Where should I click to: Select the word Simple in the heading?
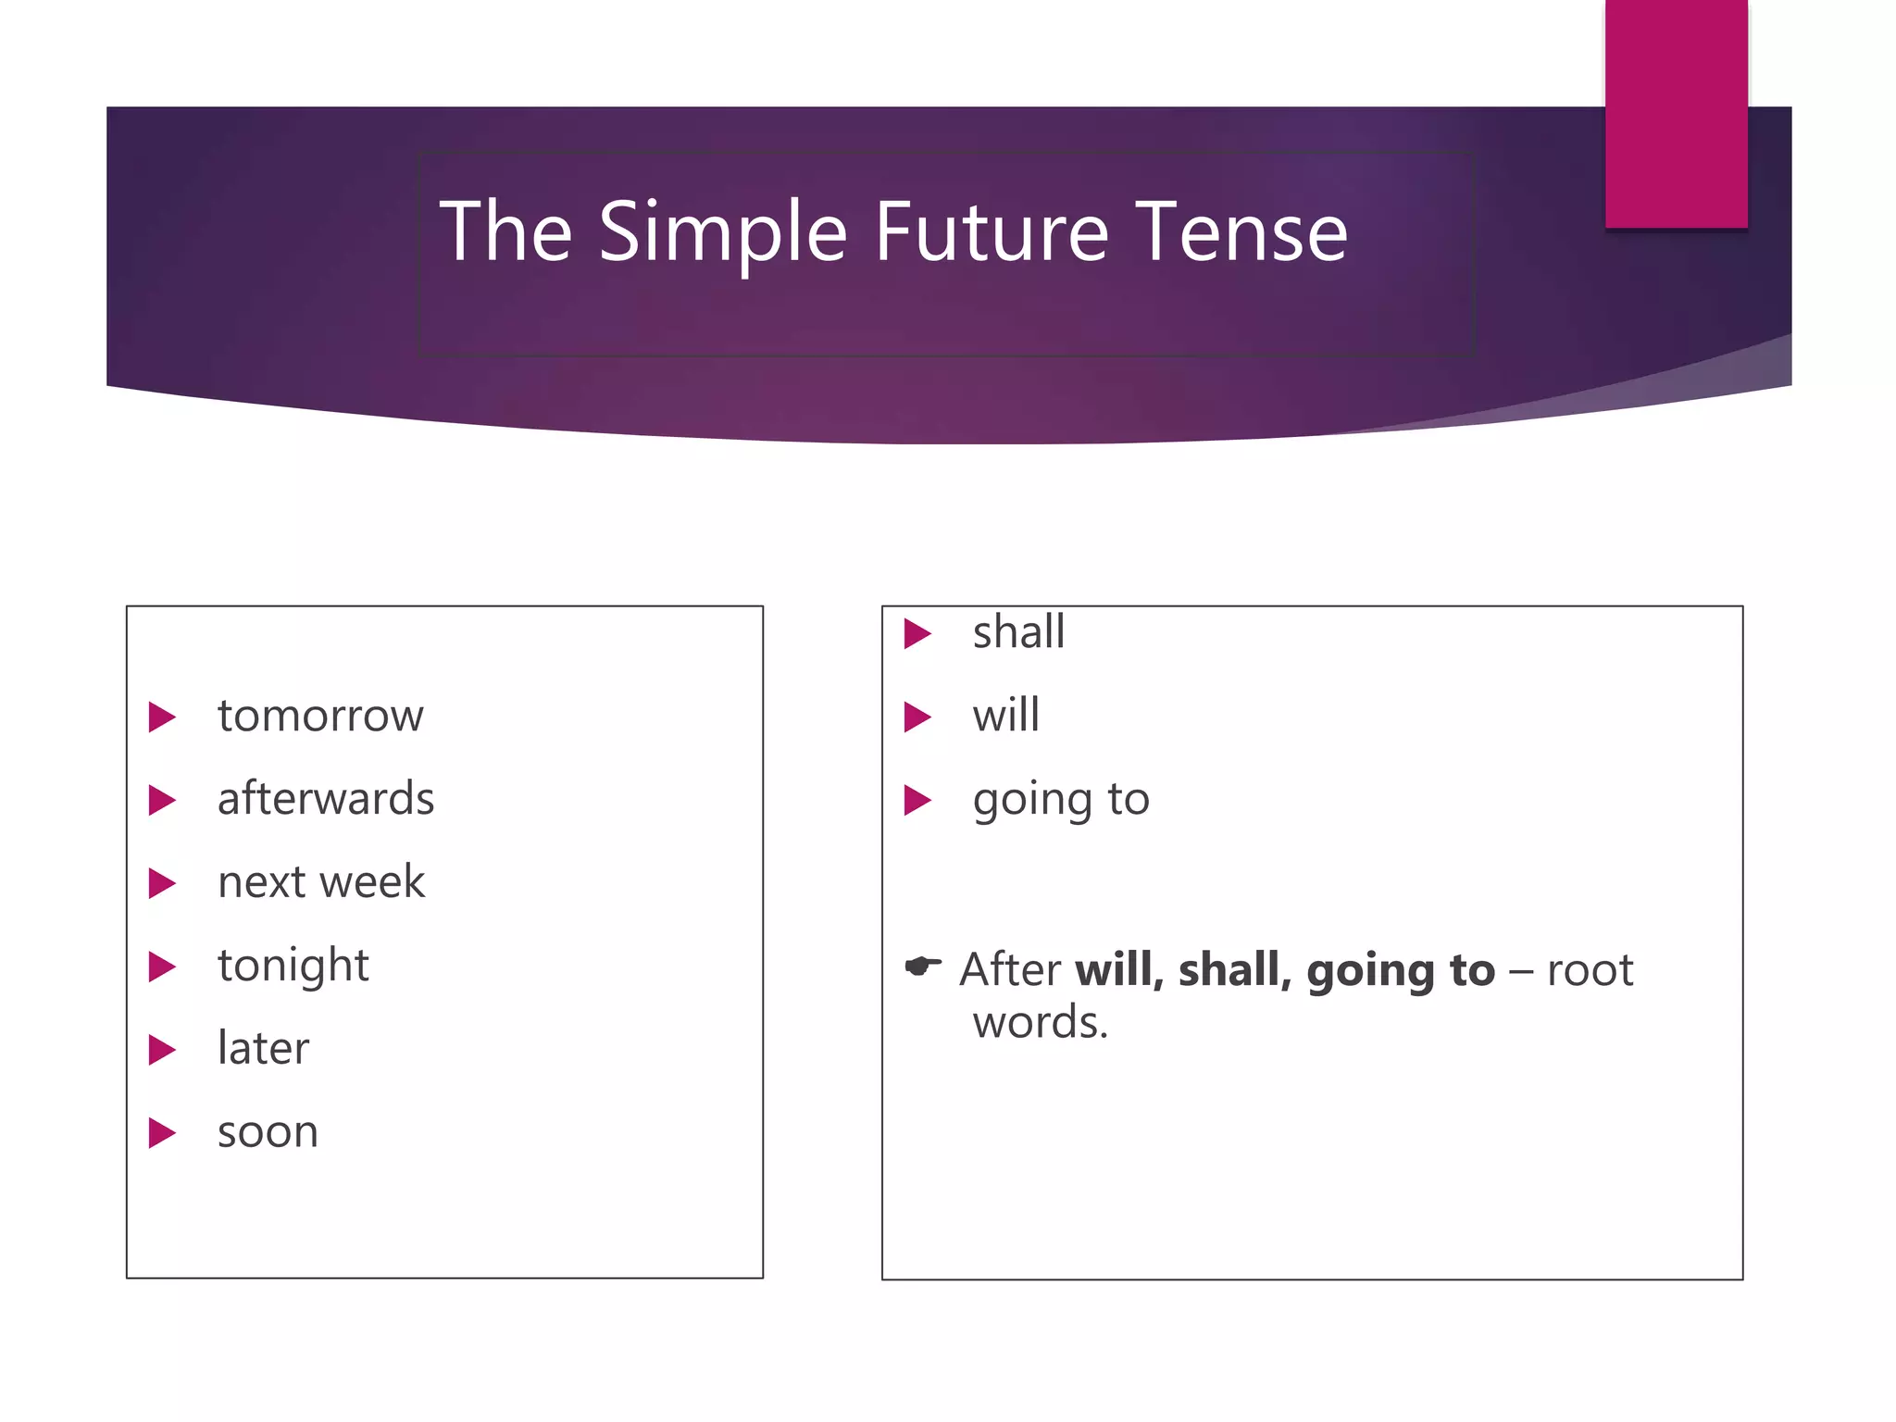tap(723, 233)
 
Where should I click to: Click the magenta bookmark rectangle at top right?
tap(1676, 113)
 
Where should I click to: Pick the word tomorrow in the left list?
tap(320, 717)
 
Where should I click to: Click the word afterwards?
tap(325, 799)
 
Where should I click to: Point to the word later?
tap(263, 1049)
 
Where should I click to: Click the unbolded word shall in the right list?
tap(1018, 633)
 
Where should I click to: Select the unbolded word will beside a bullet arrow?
tap(1005, 716)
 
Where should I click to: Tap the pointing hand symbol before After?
tap(923, 967)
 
